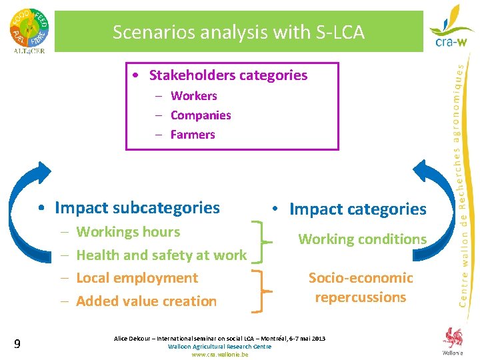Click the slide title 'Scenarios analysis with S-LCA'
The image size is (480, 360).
click(238, 31)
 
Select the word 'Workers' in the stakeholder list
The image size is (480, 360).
click(193, 96)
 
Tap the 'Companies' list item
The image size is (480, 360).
click(201, 115)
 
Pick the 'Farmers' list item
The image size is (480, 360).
click(193, 135)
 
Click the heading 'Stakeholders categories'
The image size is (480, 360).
click(228, 75)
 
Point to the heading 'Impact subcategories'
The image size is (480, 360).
click(137, 208)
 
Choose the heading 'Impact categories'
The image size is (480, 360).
click(357, 209)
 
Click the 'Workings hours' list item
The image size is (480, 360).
click(128, 232)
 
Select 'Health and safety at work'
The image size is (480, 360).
click(161, 255)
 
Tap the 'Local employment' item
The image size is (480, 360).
click(137, 278)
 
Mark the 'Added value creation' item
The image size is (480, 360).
click(146, 301)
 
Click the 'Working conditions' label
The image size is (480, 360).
click(362, 239)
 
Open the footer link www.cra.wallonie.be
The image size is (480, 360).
click(219, 355)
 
